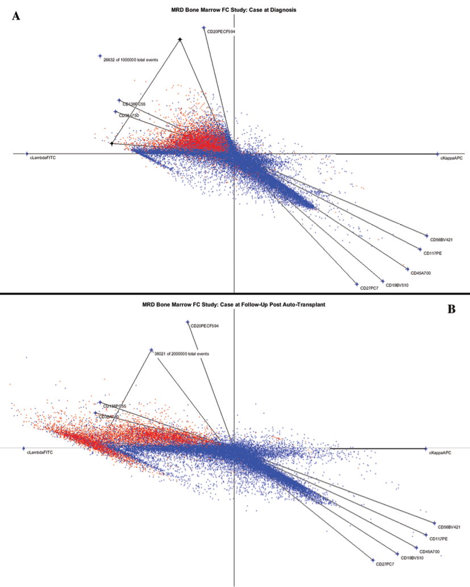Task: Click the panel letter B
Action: [x=452, y=309]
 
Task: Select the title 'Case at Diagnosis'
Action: [x=234, y=10]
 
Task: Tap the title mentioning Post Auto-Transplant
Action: [x=234, y=305]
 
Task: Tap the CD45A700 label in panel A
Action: [x=421, y=273]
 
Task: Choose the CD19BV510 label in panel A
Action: [x=396, y=284]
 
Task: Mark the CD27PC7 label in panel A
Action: [x=369, y=288]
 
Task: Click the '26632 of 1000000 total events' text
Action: [x=130, y=59]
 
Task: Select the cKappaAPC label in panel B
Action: [x=440, y=453]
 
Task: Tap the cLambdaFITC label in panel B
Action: [x=40, y=453]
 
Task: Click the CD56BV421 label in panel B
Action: [x=448, y=527]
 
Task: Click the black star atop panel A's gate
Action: [x=180, y=39]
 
